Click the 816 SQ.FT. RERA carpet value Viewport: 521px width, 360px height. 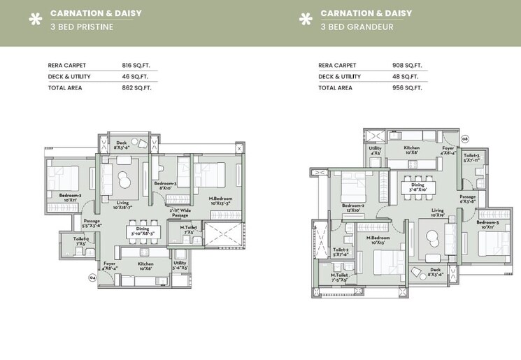coord(136,65)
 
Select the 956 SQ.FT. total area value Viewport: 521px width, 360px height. coord(410,88)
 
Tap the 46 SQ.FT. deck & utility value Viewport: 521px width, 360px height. coord(134,76)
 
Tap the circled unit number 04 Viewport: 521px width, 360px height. coord(92,278)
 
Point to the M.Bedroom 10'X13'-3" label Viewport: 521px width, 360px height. coord(222,201)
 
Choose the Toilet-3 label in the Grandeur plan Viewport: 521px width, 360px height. coord(471,157)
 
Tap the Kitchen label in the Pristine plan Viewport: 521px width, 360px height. coord(145,266)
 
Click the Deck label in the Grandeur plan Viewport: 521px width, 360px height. coord(435,272)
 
